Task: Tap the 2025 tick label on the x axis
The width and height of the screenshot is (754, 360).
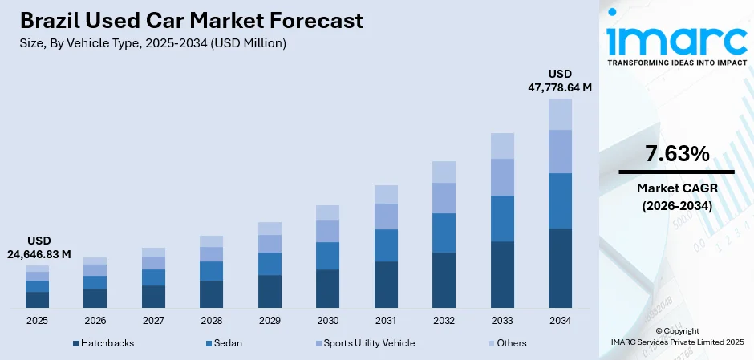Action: pos(37,320)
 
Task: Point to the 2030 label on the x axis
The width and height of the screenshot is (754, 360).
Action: pos(327,320)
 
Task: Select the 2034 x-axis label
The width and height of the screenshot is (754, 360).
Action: pos(560,320)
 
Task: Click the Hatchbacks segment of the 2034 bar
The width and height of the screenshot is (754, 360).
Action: pos(560,268)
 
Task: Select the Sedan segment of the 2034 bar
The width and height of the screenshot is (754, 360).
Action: pos(560,200)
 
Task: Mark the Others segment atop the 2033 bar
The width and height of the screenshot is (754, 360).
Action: pos(502,146)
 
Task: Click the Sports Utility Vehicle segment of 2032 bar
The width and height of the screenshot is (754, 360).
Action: pos(444,198)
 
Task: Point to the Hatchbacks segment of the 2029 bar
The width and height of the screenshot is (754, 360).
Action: pos(270,291)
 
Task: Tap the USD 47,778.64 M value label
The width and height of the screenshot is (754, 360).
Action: pos(560,81)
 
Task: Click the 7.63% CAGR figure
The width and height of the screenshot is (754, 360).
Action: pos(676,154)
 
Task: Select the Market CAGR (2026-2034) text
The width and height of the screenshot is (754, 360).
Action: pos(676,196)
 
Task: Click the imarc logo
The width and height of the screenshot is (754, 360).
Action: pos(676,36)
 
